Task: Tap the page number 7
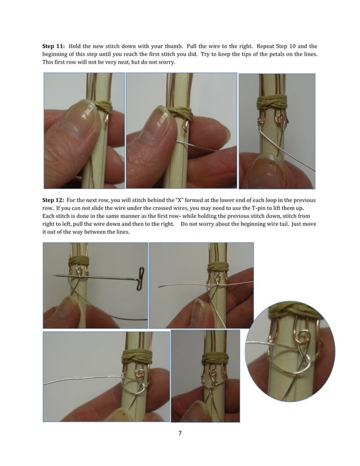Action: pos(179,433)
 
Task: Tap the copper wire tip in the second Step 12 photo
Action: pos(161,286)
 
